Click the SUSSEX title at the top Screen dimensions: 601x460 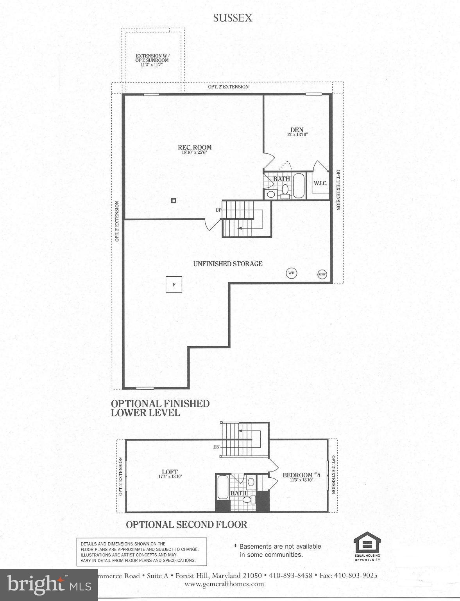click(x=233, y=18)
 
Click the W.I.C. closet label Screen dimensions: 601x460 click(x=320, y=183)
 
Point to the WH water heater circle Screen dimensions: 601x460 click(x=291, y=273)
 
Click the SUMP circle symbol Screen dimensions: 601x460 click(x=322, y=274)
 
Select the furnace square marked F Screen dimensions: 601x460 click(x=174, y=284)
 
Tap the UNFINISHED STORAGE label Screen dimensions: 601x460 click(x=228, y=264)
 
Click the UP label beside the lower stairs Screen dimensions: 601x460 click(x=218, y=210)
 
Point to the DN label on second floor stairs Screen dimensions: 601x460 click(x=217, y=447)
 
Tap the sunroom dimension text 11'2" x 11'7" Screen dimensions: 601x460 click(x=152, y=65)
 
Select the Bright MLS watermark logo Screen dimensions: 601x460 click(x=49, y=584)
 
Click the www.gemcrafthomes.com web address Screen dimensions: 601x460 click(x=224, y=584)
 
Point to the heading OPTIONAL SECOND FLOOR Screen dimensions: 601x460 click(x=186, y=524)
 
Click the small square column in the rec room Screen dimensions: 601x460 click(x=174, y=201)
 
